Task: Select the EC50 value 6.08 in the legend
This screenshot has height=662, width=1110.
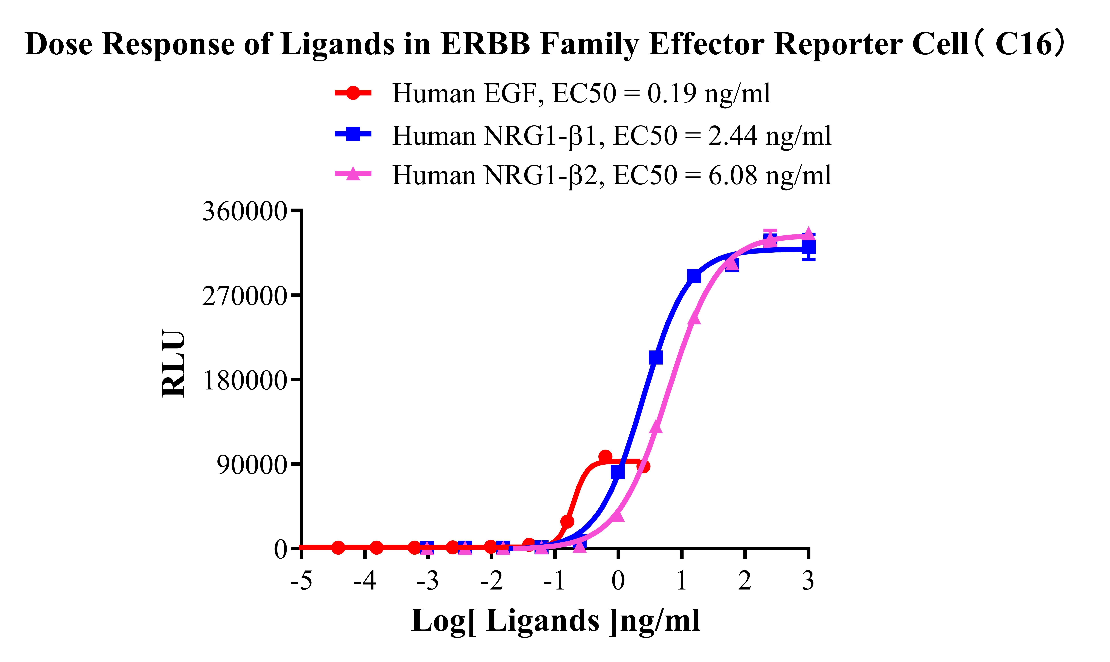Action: (732, 175)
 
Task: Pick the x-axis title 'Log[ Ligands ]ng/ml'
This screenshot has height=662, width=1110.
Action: (555, 621)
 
